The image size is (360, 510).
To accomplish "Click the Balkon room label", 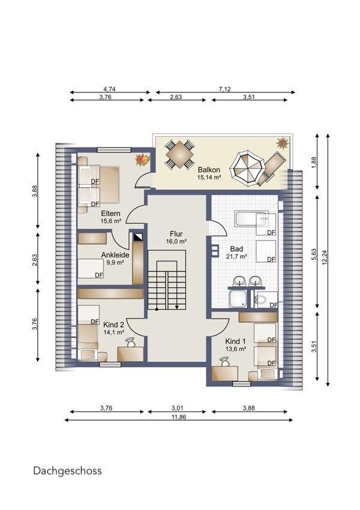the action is (209, 169).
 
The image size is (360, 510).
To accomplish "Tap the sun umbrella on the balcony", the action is (248, 168).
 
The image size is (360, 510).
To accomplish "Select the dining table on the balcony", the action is (179, 154).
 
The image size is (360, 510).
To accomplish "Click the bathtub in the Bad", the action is (251, 218).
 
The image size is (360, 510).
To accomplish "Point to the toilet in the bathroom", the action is (262, 299).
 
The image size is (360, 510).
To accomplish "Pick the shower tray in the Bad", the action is (239, 299).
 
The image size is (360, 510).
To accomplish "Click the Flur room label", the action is (176, 234).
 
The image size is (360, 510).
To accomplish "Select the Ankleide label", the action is (115, 255).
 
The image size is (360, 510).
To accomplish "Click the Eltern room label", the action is (110, 214).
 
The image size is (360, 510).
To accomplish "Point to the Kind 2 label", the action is (113, 325).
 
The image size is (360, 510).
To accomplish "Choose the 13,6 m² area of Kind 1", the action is (235, 349).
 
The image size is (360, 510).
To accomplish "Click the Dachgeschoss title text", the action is (67, 471).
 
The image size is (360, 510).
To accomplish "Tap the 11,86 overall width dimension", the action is (179, 417).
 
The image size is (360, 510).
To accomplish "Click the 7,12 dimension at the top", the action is (225, 89).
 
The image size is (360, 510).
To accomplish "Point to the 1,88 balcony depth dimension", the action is (314, 162).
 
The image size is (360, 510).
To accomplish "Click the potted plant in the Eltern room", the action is (142, 160).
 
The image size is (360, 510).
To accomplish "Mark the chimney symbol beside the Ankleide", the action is (138, 237).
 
